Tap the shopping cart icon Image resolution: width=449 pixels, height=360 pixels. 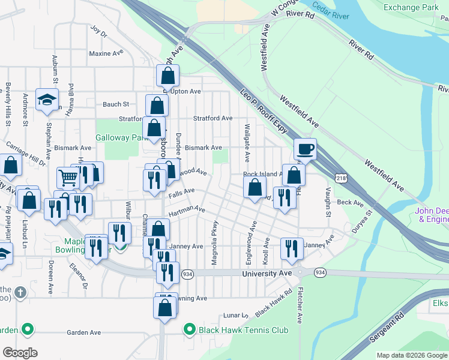pos(68,178)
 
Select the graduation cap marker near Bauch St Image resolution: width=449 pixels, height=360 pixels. pos(46,100)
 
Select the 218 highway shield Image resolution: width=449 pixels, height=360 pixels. pos(341,178)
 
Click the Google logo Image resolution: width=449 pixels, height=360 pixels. pos(20,353)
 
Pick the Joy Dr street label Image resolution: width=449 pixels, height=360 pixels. pos(98,29)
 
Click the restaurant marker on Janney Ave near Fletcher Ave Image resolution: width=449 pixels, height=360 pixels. pos(292,248)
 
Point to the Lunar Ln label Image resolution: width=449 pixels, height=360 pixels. pos(236,315)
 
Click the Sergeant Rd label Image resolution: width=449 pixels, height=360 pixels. pos(384,329)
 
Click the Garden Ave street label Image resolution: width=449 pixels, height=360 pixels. pos(83,332)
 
